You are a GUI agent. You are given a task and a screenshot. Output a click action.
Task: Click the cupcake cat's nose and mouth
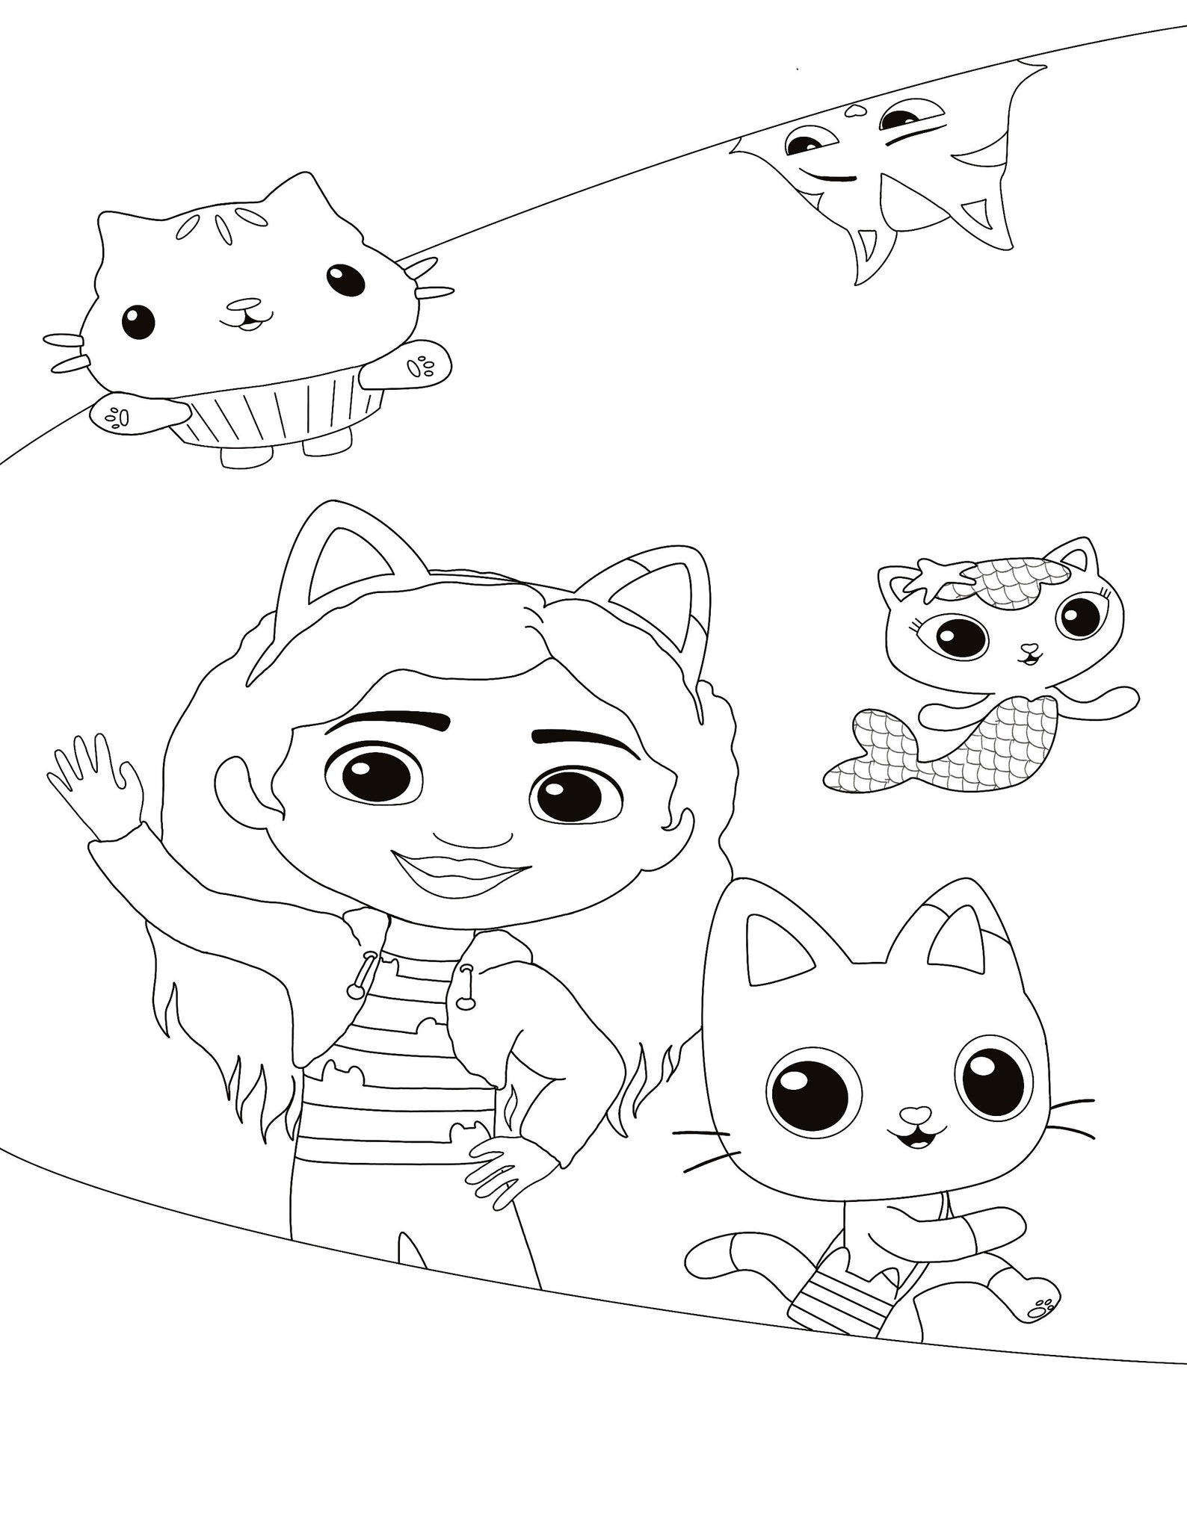(245, 314)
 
